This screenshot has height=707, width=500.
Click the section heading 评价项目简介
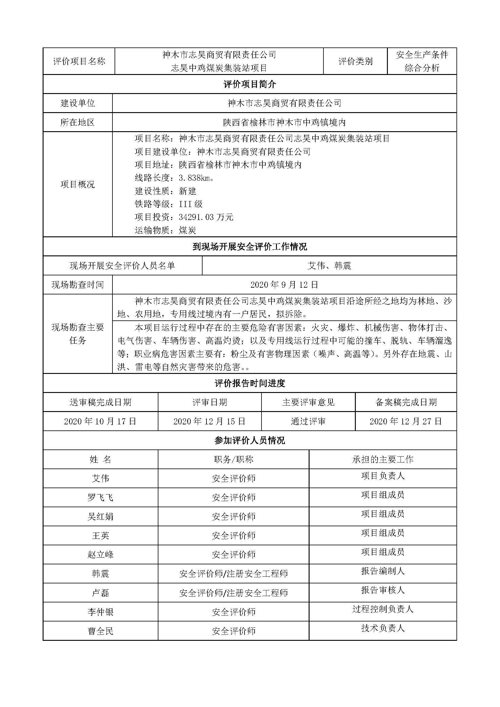coord(250,84)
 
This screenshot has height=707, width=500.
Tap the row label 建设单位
coord(78,103)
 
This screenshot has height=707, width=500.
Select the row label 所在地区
coord(78,122)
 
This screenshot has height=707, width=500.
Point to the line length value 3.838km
coord(196,178)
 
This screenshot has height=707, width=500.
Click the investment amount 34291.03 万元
coord(206,217)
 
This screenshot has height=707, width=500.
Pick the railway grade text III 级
coord(190,204)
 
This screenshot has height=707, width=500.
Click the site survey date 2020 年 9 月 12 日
coord(284,285)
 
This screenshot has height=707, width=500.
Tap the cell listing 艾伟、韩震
coord(329,266)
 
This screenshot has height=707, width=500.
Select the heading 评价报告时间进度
coord(250,383)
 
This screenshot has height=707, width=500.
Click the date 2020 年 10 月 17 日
coord(100,421)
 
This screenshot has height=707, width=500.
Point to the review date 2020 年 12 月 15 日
coord(209,421)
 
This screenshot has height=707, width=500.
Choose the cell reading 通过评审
coord(308,421)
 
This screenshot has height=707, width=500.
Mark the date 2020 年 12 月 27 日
coord(406,421)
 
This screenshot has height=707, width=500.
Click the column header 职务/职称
coord(233,459)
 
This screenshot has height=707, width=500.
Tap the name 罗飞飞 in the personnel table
coord(100,498)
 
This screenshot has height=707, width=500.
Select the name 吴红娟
coord(100,517)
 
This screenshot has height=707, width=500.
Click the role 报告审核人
coord(383,590)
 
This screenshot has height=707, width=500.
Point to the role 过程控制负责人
coord(383,609)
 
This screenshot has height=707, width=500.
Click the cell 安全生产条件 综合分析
coord(422,61)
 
